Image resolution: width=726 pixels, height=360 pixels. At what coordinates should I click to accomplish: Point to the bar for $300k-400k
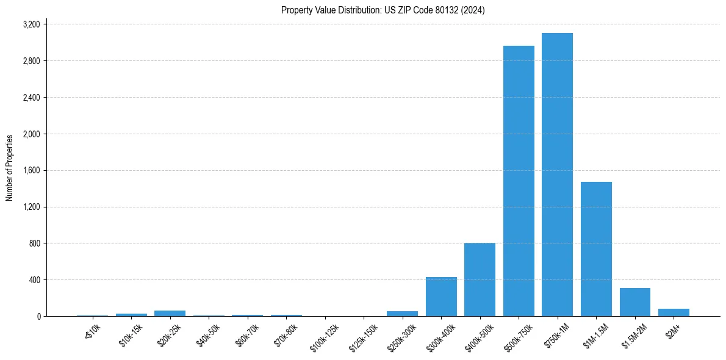(x=441, y=297)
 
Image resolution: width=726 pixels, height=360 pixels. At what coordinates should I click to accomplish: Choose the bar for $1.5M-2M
(x=634, y=302)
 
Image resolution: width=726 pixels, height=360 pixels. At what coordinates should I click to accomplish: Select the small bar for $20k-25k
(x=170, y=313)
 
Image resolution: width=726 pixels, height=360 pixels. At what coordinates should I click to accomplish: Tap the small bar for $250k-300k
(x=402, y=314)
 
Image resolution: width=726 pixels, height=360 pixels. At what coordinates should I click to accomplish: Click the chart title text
(x=383, y=10)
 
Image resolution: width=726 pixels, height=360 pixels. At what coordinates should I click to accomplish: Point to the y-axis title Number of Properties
(x=10, y=168)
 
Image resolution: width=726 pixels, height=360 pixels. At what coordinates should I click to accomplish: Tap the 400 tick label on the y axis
(x=34, y=280)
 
